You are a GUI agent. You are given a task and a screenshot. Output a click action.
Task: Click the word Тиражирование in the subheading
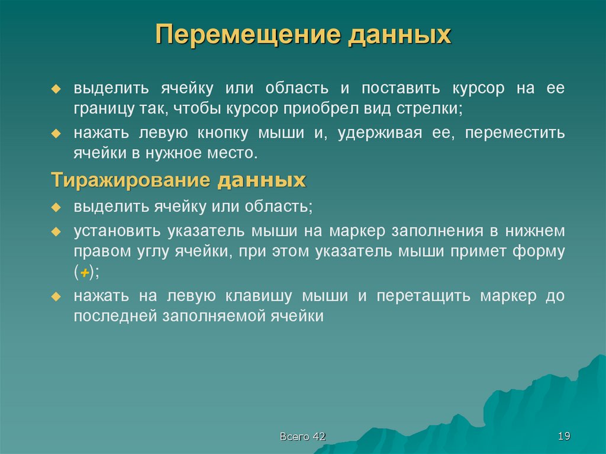[131, 180]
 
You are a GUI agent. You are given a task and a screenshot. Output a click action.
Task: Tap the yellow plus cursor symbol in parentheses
[85, 272]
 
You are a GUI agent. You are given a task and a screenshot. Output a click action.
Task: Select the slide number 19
[563, 436]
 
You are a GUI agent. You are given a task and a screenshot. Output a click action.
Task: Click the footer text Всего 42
[303, 437]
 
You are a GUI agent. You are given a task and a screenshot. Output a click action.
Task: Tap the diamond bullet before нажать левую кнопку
[56, 133]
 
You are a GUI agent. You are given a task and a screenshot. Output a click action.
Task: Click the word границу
[98, 109]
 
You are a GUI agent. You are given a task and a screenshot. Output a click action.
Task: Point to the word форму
[540, 250]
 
